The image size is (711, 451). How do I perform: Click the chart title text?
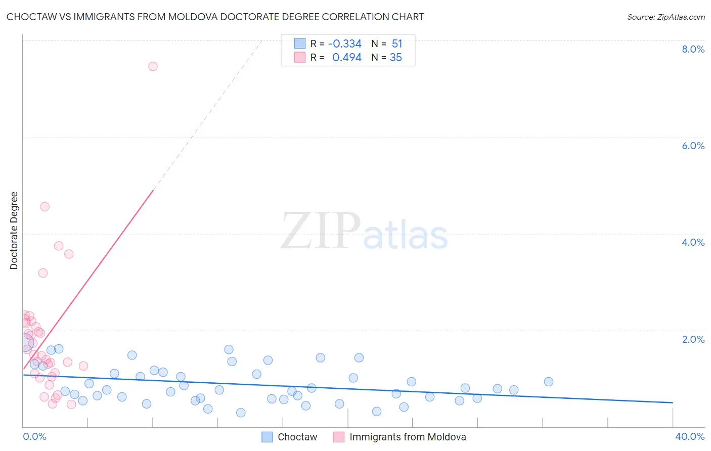[x=215, y=17]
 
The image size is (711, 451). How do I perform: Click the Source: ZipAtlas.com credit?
[x=665, y=17]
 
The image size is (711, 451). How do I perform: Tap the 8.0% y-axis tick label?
[x=693, y=49]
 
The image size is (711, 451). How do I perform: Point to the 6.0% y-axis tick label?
[x=693, y=146]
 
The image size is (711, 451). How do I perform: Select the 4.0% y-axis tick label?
[x=693, y=242]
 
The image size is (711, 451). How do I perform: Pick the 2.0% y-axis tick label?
[x=693, y=339]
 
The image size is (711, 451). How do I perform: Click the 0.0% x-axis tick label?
[x=34, y=436]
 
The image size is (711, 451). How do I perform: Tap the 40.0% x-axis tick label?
[x=689, y=436]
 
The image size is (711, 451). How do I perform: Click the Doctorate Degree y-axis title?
[x=14, y=231]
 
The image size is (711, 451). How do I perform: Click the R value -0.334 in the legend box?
[x=344, y=44]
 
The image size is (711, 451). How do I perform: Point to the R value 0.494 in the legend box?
[x=346, y=58]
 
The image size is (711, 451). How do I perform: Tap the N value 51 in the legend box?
[x=397, y=44]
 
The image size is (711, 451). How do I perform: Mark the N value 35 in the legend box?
[x=396, y=58]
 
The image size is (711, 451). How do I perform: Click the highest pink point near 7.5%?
[x=153, y=66]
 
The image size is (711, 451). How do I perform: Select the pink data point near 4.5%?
[x=45, y=206]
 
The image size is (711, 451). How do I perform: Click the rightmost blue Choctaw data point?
[x=549, y=382]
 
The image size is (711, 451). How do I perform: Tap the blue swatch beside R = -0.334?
[x=300, y=43]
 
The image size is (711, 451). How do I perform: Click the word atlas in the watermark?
[x=406, y=235]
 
